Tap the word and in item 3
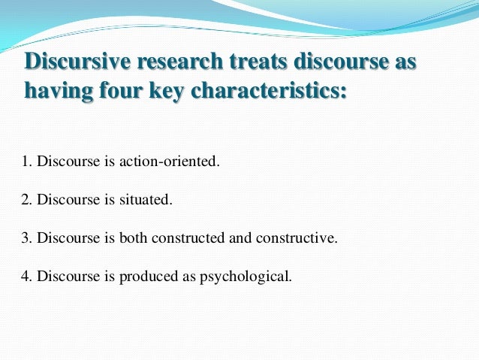point(239,238)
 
